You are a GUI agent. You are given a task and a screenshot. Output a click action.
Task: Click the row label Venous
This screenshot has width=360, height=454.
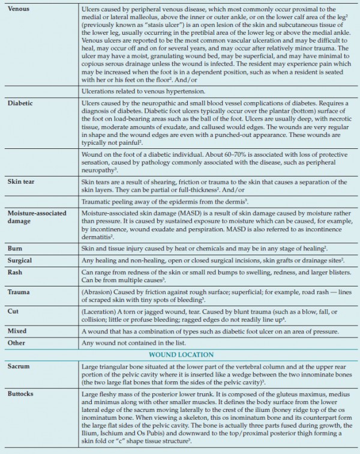click(19, 9)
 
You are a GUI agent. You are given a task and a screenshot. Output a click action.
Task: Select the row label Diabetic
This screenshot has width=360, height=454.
click(21, 103)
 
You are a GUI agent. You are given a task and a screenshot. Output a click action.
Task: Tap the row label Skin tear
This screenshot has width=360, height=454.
click(23, 181)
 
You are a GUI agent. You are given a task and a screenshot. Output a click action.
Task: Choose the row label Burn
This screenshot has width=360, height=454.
click(15, 248)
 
